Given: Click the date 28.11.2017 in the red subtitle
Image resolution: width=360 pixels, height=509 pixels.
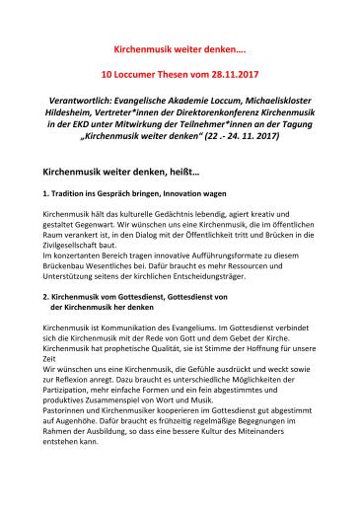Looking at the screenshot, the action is [237, 73].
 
